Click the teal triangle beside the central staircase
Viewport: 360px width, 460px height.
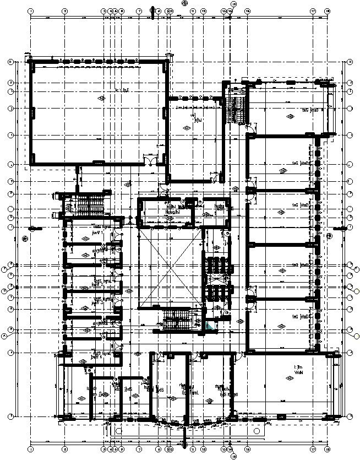[x=210, y=326]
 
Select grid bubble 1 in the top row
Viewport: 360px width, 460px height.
[x=31, y=10]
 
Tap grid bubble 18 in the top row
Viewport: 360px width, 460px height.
[x=328, y=10]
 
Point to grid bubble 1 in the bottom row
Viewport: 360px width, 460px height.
[x=31, y=450]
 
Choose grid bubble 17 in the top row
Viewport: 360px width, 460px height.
[x=313, y=10]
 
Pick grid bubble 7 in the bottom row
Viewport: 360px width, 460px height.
[x=139, y=450]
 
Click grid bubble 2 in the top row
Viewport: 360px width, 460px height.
[x=64, y=10]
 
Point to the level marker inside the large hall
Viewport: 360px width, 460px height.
[x=101, y=98]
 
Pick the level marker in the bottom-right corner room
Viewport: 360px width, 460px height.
[x=287, y=378]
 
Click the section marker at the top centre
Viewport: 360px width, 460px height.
[x=184, y=3]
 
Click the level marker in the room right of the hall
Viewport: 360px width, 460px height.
[x=189, y=128]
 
